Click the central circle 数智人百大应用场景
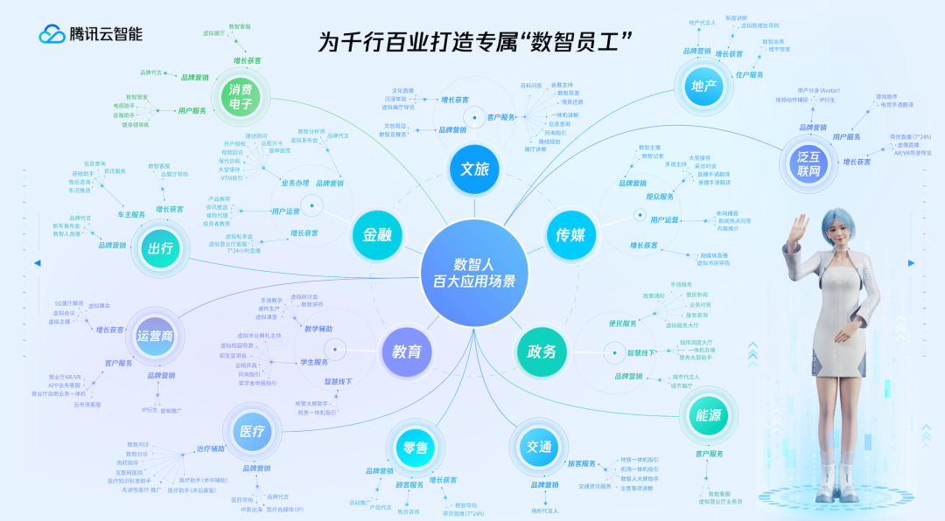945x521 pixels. click(473, 272)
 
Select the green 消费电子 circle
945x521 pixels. click(241, 98)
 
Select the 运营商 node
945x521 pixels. click(155, 335)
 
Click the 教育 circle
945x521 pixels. click(407, 352)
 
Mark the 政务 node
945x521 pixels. click(542, 351)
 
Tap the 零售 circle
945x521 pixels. click(416, 448)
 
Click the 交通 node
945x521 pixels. click(539, 448)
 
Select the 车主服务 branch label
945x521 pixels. click(131, 214)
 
